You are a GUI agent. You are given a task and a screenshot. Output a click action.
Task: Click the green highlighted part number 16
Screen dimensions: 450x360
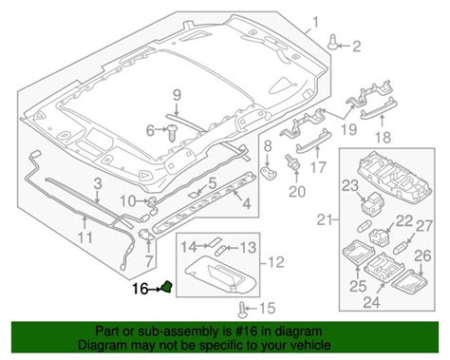(166, 287)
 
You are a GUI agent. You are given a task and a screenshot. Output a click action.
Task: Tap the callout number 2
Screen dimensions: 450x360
(357, 47)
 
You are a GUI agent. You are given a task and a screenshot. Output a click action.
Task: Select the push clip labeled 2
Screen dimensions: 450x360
(332, 42)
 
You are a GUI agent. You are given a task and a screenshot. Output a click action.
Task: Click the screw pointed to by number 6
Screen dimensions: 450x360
(173, 133)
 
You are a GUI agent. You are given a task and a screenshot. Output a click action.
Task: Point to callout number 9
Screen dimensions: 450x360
(177, 95)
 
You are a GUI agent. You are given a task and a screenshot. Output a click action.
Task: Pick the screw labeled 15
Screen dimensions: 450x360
(242, 310)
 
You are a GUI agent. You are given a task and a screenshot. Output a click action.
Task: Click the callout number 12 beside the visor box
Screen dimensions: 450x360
(276, 262)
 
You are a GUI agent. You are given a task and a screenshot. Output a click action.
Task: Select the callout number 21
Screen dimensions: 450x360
(325, 219)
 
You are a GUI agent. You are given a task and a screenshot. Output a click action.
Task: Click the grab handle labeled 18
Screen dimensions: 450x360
(379, 107)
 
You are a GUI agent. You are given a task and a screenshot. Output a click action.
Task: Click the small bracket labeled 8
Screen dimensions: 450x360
(269, 171)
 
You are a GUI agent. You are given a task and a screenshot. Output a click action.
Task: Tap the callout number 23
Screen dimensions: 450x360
(350, 186)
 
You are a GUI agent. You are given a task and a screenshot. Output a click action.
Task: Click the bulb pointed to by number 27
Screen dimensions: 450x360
(400, 248)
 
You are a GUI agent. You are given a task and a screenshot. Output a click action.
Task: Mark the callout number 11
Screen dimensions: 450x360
(85, 237)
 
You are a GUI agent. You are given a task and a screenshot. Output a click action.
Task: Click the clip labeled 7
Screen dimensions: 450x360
(146, 235)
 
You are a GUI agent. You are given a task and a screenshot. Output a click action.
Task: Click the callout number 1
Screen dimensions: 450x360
(315, 22)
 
